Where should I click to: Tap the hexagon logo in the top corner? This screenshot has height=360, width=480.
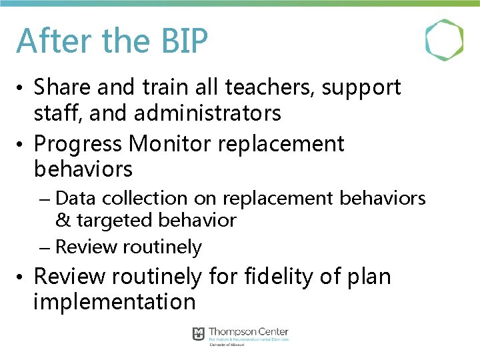pyautogui.click(x=444, y=40)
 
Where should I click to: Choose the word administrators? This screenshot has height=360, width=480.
pyautogui.click(x=207, y=114)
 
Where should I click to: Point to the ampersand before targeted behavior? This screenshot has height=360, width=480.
pyautogui.click(x=63, y=220)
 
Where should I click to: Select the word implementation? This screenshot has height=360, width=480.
pyautogui.click(x=114, y=302)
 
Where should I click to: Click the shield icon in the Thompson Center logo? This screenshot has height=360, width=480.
pyautogui.click(x=198, y=333)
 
